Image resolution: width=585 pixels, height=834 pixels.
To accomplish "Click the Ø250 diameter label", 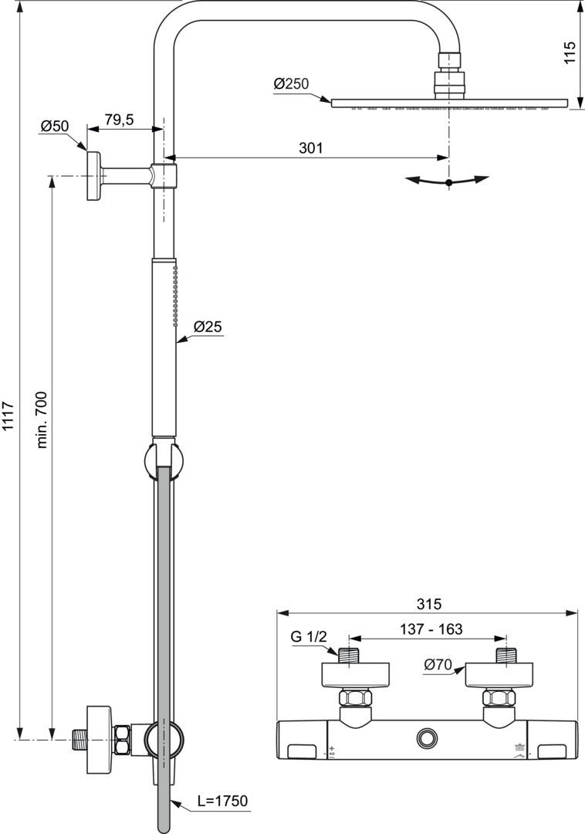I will (291, 83).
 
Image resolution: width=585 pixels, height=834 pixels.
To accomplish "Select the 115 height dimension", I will (570, 52).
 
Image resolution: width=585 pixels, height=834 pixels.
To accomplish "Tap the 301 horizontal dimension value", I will (310, 147).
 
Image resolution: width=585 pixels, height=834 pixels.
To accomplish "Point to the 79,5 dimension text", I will (119, 119).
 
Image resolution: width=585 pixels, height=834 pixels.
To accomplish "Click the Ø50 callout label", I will (55, 126).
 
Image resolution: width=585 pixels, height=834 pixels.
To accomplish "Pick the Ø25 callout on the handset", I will (208, 327).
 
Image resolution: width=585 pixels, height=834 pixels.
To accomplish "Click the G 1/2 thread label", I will (309, 637).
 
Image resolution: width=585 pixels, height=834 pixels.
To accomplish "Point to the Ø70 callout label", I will (438, 663).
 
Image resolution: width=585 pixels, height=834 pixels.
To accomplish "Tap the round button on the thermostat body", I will (426, 738).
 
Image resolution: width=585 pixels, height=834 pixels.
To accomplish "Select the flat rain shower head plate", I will (448, 103).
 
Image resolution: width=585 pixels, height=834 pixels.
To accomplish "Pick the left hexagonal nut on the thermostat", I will (355, 700).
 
